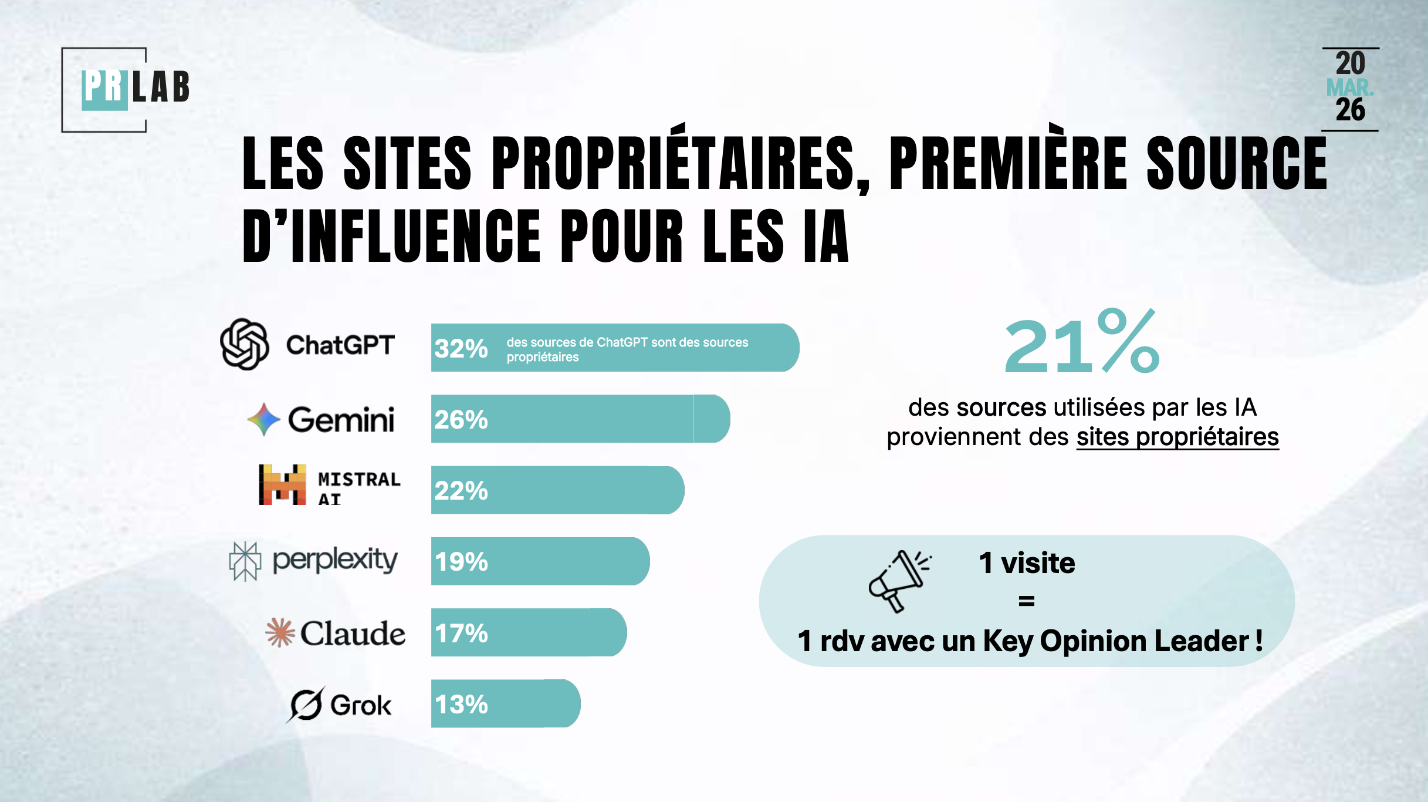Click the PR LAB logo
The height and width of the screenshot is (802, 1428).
[x=135, y=88]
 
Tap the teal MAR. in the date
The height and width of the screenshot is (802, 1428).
[x=1349, y=88]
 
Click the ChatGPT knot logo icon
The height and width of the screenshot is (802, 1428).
[x=245, y=344]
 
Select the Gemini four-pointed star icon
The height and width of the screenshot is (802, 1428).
[x=263, y=419]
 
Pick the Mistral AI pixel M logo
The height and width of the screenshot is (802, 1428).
[x=282, y=485]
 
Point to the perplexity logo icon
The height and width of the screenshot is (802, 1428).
[x=245, y=561]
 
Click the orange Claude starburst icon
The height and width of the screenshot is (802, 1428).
[x=280, y=633]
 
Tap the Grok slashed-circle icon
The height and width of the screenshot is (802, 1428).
[x=306, y=704]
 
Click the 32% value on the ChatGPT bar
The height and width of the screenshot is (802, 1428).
[x=461, y=348]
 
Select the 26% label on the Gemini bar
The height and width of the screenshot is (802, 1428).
[x=461, y=420]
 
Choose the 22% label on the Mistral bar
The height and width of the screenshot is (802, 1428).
[x=461, y=491]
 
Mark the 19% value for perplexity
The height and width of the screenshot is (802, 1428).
[x=461, y=562]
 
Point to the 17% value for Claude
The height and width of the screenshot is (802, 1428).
[x=461, y=633]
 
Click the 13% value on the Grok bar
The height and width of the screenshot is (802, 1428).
[x=461, y=705]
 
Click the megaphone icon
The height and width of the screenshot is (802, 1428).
[x=898, y=581]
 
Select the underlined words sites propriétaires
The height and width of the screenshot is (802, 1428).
[x=1177, y=437]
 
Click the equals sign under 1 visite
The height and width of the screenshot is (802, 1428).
[x=1027, y=601]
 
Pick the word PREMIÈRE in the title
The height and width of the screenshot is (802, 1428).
[x=1008, y=163]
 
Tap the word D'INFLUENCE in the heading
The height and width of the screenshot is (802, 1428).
[x=391, y=236]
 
